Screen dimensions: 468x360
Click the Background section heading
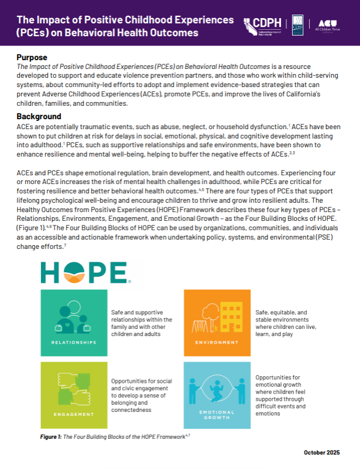pos(39,116)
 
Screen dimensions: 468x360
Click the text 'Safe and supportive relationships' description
pos(141,323)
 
